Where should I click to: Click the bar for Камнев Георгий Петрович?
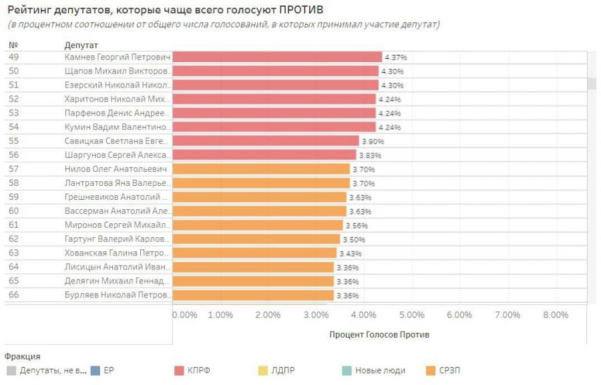click(x=277, y=57)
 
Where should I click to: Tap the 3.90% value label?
click(x=373, y=141)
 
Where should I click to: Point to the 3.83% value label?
click(x=369, y=155)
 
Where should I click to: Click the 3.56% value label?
click(x=356, y=225)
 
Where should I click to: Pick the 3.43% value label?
click(x=350, y=253)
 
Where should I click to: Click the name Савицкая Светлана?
click(x=118, y=141)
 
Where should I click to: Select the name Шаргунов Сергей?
click(x=118, y=155)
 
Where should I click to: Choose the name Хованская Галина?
click(x=118, y=253)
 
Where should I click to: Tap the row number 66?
click(x=14, y=295)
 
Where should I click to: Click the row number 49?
click(x=14, y=57)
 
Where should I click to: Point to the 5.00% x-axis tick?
click(x=412, y=315)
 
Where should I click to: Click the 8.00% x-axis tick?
click(x=555, y=315)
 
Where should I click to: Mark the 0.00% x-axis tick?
click(x=185, y=315)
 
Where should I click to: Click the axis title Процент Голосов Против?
click(x=379, y=334)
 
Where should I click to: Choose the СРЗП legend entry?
click(x=449, y=370)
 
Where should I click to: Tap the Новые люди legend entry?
click(x=379, y=370)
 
